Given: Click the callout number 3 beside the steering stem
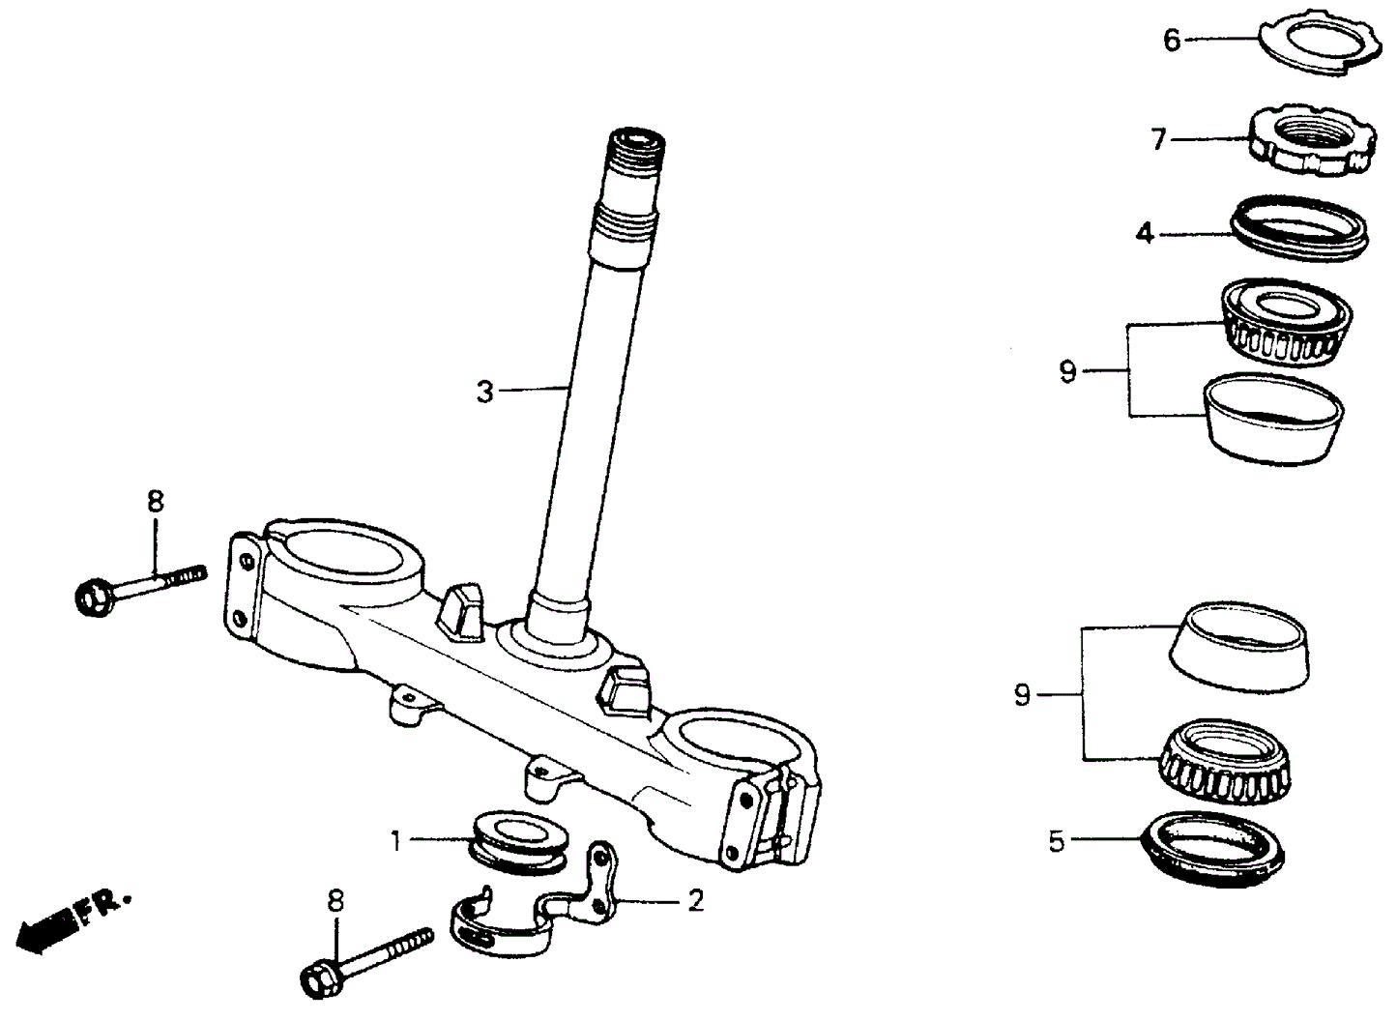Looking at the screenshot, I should (x=484, y=392).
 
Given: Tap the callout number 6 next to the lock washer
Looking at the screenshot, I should (x=1172, y=41).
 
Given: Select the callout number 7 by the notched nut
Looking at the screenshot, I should (x=1159, y=140).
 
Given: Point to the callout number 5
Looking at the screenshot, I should (x=1057, y=841).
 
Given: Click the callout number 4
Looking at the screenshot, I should (x=1145, y=234).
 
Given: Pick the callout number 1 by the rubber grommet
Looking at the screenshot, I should (x=395, y=841).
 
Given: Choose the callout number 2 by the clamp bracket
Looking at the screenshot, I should (x=695, y=901).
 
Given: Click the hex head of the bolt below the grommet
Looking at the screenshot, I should (x=320, y=979).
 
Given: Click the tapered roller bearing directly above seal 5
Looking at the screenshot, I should (x=1227, y=761).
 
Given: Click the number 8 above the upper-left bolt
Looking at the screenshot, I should (x=156, y=502).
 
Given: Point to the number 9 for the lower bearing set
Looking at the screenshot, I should (x=1022, y=695).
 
